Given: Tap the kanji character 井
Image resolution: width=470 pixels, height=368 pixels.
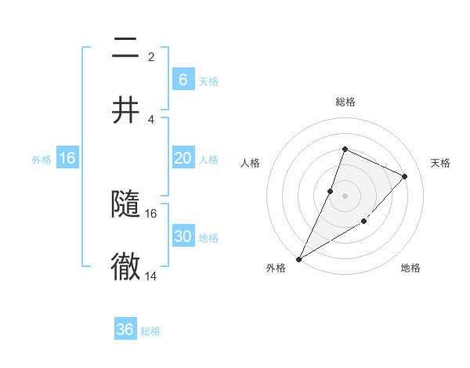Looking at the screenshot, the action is click(x=125, y=110).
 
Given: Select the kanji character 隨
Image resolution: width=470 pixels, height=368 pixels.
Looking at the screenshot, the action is click(x=125, y=205).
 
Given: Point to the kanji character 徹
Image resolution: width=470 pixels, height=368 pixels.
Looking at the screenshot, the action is click(x=125, y=266).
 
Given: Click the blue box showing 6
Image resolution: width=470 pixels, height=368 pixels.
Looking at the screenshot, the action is click(x=183, y=79).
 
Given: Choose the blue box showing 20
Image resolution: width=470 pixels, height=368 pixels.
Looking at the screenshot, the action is click(x=183, y=158).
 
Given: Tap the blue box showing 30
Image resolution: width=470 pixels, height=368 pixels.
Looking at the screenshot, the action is click(x=183, y=236).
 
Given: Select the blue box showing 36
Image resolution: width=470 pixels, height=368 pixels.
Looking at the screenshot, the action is click(x=125, y=330).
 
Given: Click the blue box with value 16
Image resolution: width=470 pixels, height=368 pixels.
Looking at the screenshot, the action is click(x=67, y=158).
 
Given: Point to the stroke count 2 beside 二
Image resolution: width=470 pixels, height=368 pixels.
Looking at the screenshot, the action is click(x=150, y=57).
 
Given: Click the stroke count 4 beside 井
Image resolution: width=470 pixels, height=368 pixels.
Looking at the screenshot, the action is click(x=150, y=120).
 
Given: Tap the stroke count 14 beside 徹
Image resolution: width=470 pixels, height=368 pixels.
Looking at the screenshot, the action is click(x=151, y=276).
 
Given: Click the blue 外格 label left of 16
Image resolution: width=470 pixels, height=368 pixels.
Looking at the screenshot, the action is click(x=42, y=160).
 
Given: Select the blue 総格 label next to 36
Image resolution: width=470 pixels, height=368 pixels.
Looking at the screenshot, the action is click(x=150, y=331).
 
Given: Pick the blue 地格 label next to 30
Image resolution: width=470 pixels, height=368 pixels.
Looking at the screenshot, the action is click(x=208, y=238).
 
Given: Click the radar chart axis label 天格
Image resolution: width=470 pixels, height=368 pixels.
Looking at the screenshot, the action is click(x=440, y=163).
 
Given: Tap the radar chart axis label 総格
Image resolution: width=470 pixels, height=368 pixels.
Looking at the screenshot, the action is click(x=345, y=103).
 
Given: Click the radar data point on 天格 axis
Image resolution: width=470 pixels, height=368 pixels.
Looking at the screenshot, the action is click(x=405, y=176).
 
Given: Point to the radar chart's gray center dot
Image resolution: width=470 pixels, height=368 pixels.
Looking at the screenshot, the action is click(x=345, y=195).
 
